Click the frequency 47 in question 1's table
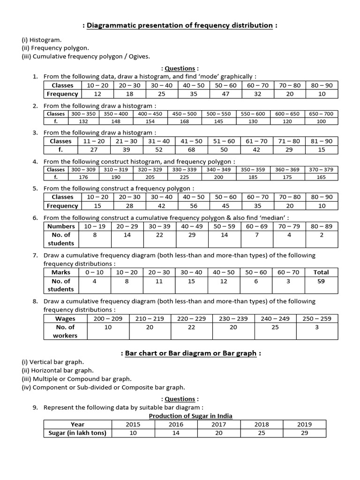coord(225,94)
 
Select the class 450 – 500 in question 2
coord(184,114)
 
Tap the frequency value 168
coord(184,121)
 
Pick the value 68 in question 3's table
coord(191,150)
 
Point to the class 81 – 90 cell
coord(322,141)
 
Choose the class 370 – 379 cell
coord(322,170)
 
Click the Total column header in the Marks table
coord(321,272)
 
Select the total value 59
coord(321,281)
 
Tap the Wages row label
coord(65,318)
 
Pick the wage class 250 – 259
coord(317,318)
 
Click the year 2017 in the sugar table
coord(219,424)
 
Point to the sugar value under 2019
coord(304,433)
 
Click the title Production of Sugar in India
coord(190,416)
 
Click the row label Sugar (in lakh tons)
coord(78,433)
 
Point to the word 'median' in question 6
coord(275,217)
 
